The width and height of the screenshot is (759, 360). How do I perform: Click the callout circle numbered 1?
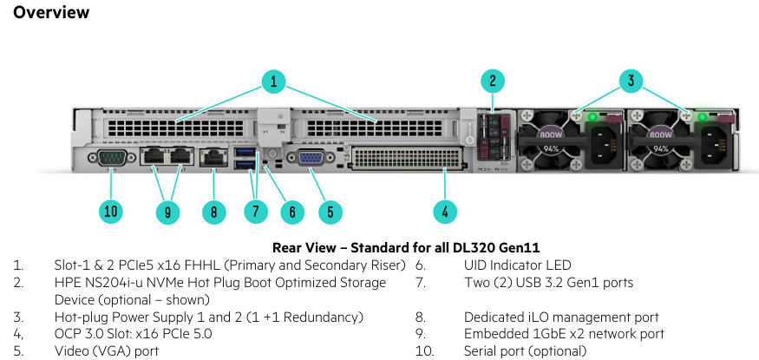coord(273,82)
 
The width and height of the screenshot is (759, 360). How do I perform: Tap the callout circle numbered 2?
coord(492,82)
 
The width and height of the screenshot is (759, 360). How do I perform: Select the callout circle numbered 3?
coord(631,82)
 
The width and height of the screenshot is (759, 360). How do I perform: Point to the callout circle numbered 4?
coord(445,211)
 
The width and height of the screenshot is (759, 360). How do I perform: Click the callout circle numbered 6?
coord(292,211)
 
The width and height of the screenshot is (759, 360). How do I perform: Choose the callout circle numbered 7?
coord(255,211)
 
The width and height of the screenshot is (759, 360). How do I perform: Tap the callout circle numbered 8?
coord(213,211)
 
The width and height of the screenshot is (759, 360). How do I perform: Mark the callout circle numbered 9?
coord(167,211)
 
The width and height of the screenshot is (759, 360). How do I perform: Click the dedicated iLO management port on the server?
coord(213,157)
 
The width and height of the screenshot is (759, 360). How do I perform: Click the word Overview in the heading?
coord(51,12)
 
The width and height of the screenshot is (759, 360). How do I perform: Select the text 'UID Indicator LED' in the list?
coord(518,265)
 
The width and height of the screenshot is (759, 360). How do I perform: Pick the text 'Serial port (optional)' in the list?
coord(525,351)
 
